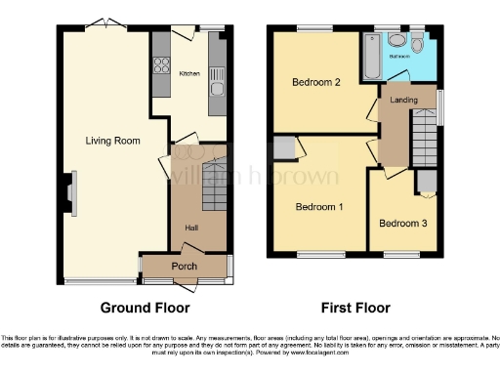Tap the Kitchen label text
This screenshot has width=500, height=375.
(x=189, y=72)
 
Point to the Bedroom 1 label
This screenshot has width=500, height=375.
(x=319, y=207)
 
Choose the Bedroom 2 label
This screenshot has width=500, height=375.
(x=316, y=83)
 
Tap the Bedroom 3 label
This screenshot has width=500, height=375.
(x=402, y=224)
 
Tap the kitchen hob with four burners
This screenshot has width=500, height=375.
(x=159, y=66)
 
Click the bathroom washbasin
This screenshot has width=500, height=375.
(x=396, y=40)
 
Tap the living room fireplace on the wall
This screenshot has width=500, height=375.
(x=71, y=192)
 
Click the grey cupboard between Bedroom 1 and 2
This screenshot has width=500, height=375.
(x=284, y=147)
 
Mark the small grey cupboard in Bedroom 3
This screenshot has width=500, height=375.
(x=425, y=183)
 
